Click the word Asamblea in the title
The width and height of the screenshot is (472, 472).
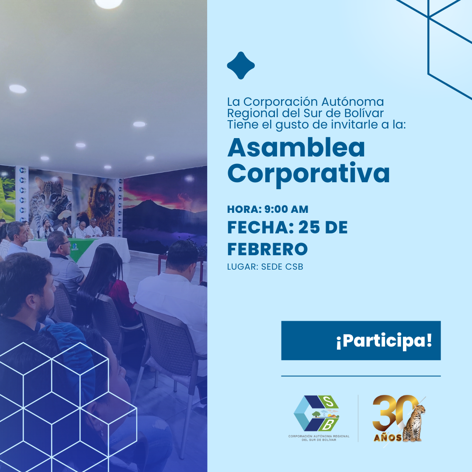point(296,148)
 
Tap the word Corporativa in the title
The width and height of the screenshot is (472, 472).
point(308,174)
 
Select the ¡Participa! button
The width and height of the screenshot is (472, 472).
point(361,341)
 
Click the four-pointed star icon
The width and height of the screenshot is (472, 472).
point(241,66)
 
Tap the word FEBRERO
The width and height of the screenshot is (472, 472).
point(267,249)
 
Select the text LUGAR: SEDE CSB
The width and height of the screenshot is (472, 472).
point(265,267)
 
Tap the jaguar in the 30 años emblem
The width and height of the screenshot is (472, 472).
point(414,423)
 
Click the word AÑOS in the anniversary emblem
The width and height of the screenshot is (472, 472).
point(386,437)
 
